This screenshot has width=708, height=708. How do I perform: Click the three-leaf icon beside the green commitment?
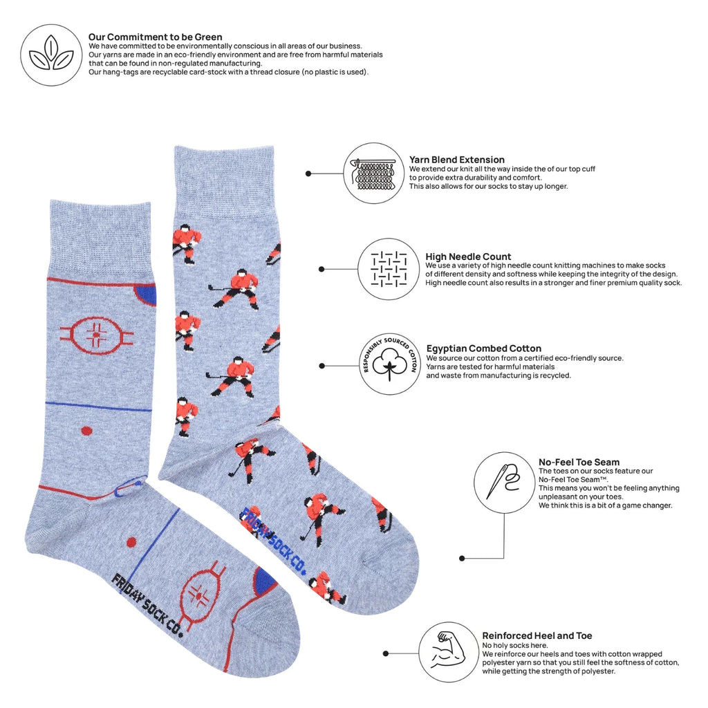pos(51,55)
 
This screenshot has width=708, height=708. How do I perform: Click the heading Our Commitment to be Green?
pos(156,37)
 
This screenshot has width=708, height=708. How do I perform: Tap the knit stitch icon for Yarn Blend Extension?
pos(373,174)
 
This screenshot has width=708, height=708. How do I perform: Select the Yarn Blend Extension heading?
pos(457,160)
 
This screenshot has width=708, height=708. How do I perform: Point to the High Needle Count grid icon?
pos(389,269)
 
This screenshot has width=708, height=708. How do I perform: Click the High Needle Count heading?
pos(468,257)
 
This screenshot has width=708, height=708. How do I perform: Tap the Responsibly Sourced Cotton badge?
pos(389,365)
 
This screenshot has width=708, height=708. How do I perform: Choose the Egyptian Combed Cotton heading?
pos(483,348)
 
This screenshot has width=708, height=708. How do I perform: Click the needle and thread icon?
pos(504,483)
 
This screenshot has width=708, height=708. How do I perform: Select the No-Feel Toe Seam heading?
pos(579,462)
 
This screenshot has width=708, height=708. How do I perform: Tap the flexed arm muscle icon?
pos(448,652)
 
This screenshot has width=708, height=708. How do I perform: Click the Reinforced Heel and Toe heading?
pos(537,636)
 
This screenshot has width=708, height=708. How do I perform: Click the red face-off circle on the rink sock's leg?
pos(97,336)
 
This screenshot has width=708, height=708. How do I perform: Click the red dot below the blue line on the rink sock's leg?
pos(86,431)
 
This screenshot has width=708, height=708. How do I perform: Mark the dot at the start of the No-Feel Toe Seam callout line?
pos(462,559)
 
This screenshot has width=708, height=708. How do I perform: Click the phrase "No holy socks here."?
pos(514,645)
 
